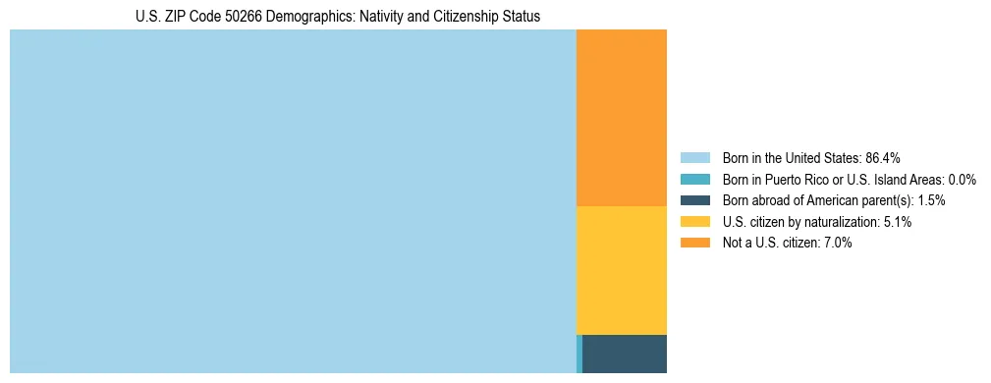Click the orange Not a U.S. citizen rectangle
[x=621, y=118]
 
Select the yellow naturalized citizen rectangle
[x=621, y=270]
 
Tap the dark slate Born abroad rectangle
[x=625, y=354]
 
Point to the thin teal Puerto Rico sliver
[x=579, y=354]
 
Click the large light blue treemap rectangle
[x=293, y=201]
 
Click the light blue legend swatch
[x=694, y=157]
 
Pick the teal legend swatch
[x=694, y=179]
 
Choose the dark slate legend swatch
[x=694, y=200]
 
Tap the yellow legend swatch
[x=694, y=222]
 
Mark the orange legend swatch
[x=694, y=243]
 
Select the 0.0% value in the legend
[x=963, y=179]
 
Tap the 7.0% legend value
[x=837, y=243]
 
